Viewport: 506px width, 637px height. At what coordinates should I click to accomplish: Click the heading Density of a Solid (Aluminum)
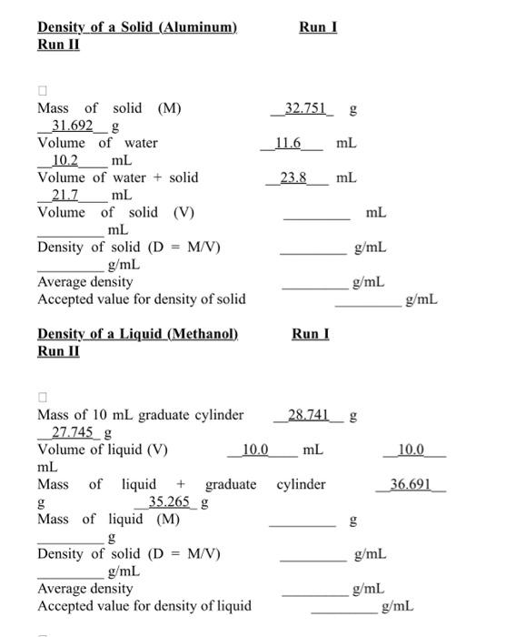(x=137, y=27)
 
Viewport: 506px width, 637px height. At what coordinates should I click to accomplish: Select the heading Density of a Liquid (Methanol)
(x=137, y=334)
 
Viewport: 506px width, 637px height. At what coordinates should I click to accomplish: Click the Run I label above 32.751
(x=318, y=27)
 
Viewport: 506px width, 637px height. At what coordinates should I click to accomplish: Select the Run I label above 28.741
(x=311, y=334)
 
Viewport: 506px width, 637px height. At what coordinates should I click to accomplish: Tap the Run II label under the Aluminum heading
(x=58, y=45)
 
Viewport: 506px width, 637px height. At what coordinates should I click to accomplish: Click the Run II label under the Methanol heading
(x=58, y=351)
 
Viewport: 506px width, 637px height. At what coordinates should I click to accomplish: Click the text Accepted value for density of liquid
(x=144, y=605)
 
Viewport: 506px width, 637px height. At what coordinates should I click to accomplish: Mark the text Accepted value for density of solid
(x=141, y=298)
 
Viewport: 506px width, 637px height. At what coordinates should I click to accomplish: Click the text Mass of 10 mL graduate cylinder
(x=140, y=415)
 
